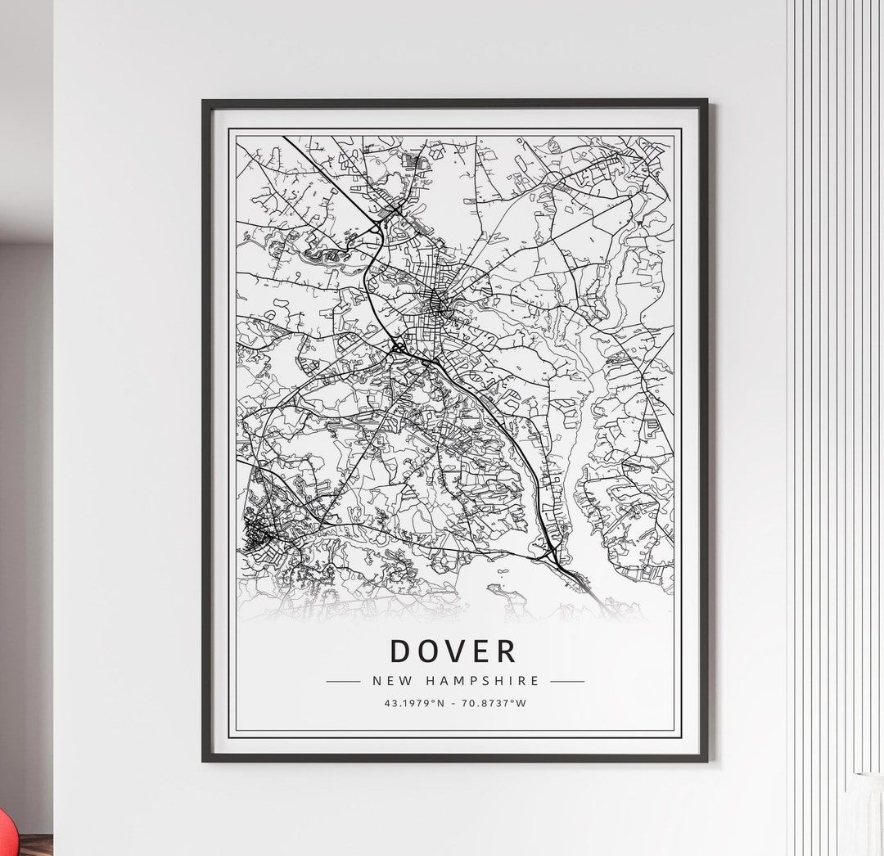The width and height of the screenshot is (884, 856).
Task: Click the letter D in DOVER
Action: click(400, 651)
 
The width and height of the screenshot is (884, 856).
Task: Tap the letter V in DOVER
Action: click(454, 651)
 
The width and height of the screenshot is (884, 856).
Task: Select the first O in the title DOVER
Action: click(427, 651)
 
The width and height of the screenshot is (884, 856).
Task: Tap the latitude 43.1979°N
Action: click(413, 702)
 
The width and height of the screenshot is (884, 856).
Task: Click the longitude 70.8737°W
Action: click(496, 702)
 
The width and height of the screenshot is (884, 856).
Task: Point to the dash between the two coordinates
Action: click(455, 702)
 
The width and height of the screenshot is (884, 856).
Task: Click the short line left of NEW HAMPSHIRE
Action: click(343, 681)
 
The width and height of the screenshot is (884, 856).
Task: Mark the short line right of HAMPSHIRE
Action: click(567, 681)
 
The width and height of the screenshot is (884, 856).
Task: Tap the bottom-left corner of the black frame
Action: click(205, 759)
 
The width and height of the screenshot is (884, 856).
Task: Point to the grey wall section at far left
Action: click(25, 491)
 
